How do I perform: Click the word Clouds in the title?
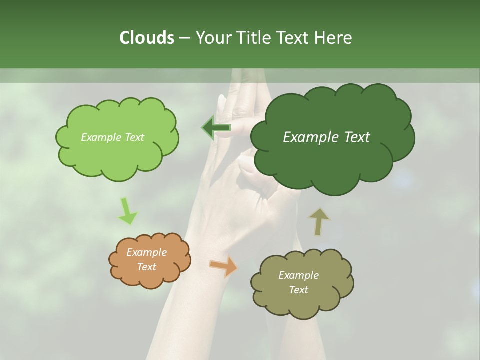[x=146, y=38]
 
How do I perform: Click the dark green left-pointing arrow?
[x=216, y=128]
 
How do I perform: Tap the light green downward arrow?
[x=127, y=211]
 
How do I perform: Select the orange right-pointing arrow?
[x=224, y=266]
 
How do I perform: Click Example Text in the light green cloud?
[x=112, y=137]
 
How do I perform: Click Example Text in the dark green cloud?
[x=326, y=137]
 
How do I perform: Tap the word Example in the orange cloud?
[x=146, y=252]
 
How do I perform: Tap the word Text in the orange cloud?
[x=146, y=267]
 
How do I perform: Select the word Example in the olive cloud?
[x=298, y=275]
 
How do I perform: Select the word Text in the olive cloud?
[x=298, y=290]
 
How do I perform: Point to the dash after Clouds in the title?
[x=184, y=38]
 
